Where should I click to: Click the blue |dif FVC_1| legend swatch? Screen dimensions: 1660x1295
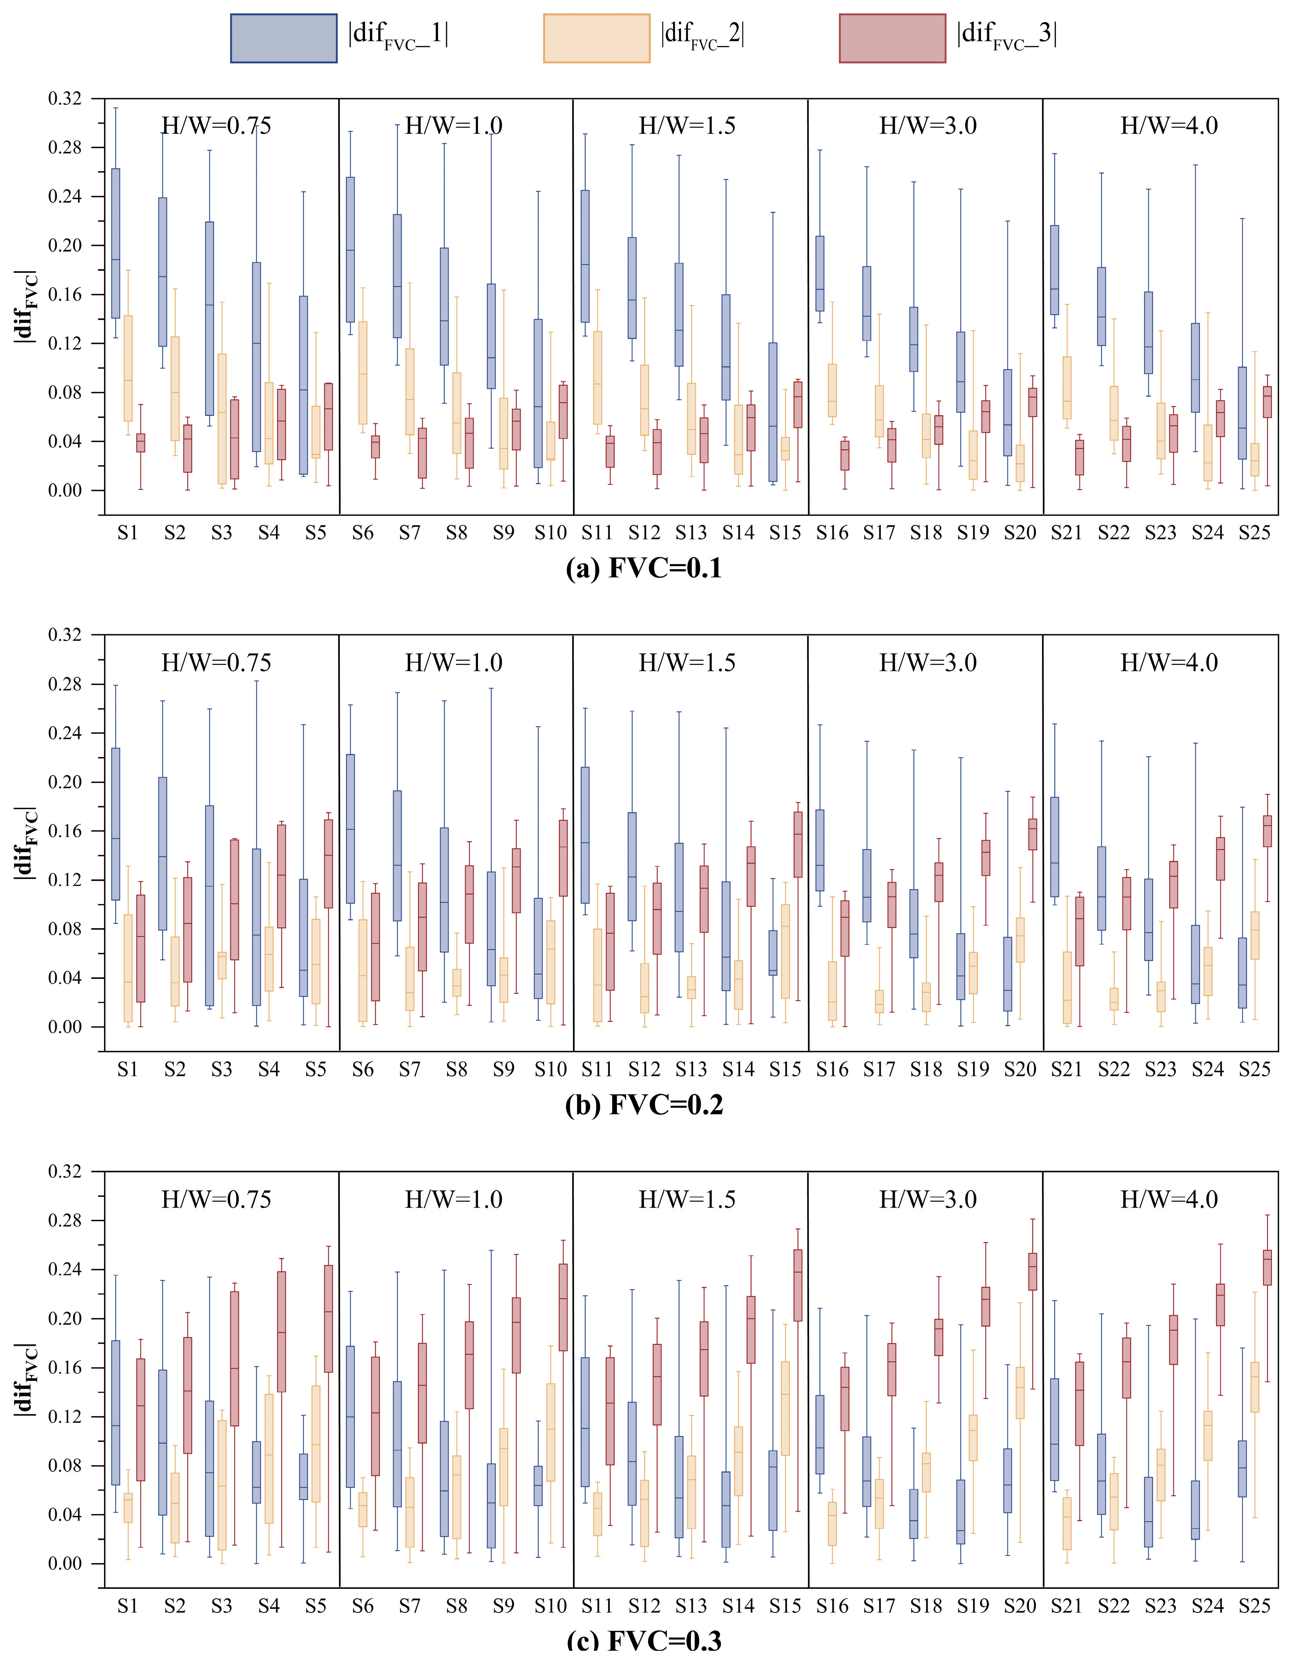283,38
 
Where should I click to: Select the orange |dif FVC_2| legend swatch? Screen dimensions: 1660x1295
597,38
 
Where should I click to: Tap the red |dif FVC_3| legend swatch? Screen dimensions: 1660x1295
892,38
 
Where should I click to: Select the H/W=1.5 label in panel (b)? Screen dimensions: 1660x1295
687,663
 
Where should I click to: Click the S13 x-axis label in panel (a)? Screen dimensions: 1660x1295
691,533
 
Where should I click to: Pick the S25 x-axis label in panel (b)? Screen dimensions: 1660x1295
1254,1070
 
